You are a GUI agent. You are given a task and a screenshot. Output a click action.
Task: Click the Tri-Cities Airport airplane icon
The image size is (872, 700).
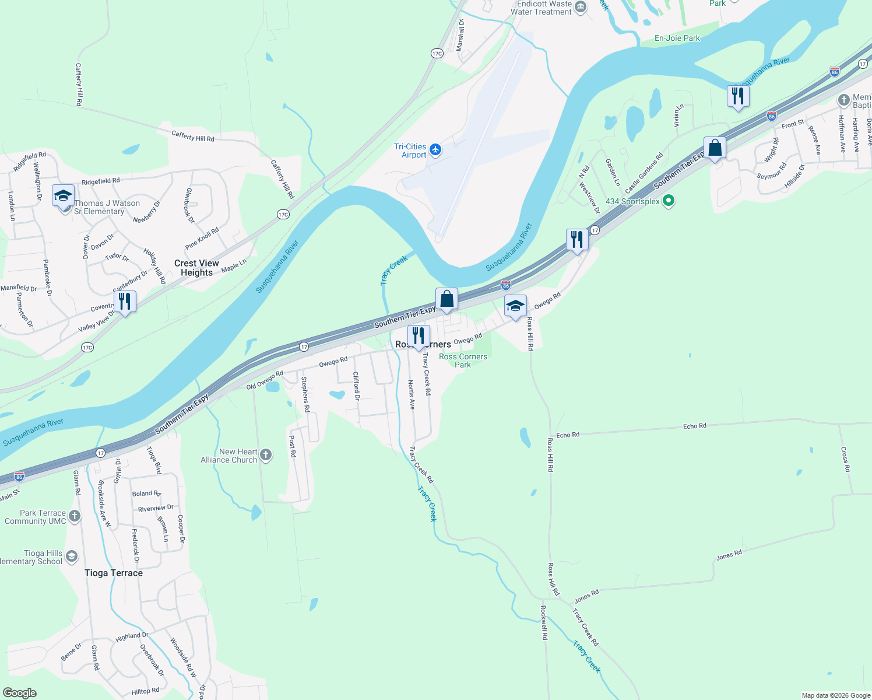pos(435,150)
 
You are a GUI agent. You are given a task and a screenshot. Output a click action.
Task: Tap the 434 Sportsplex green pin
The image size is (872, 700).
pos(669,201)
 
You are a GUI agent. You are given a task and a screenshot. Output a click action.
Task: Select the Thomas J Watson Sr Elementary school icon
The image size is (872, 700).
pos(63,197)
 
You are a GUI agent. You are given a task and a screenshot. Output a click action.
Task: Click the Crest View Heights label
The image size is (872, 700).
pos(196,268)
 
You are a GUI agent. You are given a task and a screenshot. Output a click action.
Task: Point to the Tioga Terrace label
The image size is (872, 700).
pos(114,573)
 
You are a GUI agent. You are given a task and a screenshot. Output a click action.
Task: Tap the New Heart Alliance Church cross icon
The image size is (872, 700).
pos(266,455)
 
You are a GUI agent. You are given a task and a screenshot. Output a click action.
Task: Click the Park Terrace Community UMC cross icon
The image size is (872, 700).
pos(74,516)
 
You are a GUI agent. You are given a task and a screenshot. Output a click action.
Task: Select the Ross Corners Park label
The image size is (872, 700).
pos(463,360)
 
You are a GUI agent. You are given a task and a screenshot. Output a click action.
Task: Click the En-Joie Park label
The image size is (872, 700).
pos(677,38)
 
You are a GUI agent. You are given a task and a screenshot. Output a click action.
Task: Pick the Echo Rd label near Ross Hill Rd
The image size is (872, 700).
pos(567,435)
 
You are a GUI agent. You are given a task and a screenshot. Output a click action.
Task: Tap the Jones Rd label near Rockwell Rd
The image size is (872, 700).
pos(586,596)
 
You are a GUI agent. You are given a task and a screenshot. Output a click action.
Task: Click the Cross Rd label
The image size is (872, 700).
pos(845,459)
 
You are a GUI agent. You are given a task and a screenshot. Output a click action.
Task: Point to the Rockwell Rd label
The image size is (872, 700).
pos(544,622)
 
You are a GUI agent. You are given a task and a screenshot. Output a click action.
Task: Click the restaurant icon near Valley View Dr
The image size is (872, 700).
pos(125,302)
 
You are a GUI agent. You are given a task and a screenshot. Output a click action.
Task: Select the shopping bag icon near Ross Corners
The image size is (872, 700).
pos(446,299)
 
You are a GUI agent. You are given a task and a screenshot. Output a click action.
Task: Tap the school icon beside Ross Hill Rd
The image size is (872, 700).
pos(515,306)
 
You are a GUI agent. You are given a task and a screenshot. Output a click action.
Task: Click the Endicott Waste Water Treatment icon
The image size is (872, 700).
pos(581,7)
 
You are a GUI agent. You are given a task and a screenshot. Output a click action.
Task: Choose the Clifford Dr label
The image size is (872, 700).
pos(357,386)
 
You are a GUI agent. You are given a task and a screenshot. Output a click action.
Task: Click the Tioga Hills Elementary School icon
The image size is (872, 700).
pos(71,556)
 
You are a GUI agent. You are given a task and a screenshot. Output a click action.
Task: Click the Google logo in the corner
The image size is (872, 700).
pos(20,693)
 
